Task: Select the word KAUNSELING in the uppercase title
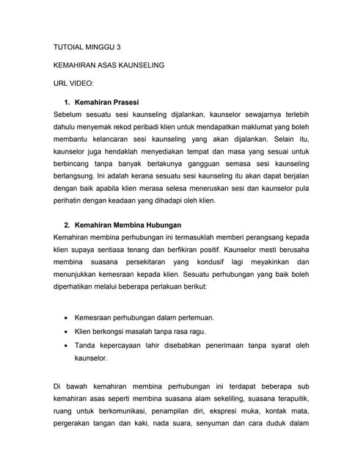point(139,65)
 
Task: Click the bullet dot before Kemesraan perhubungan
point(67,317)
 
